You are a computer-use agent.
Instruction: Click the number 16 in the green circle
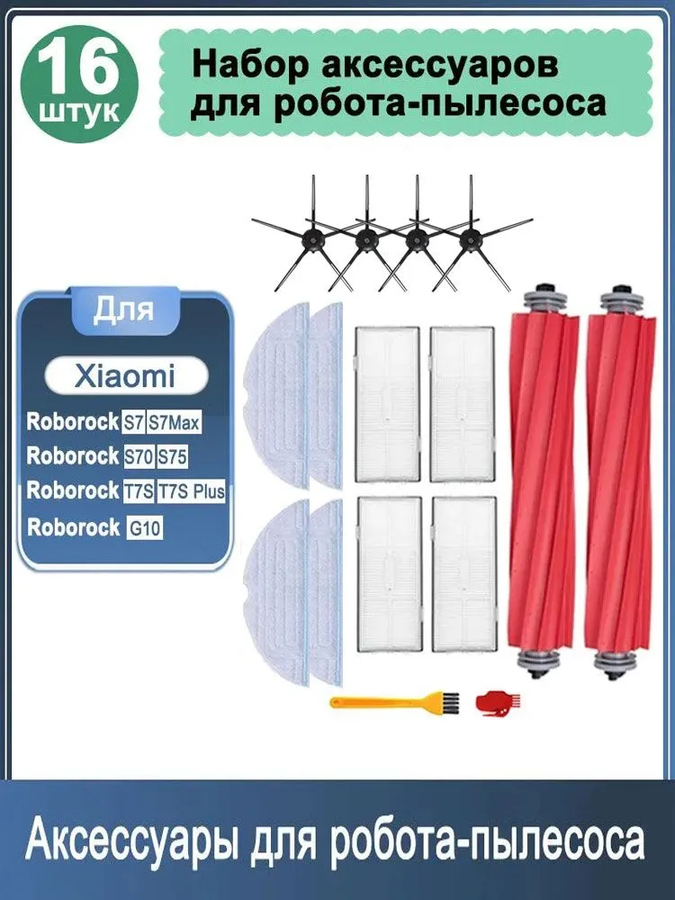pyautogui.click(x=79, y=67)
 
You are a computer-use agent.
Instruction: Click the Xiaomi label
pyautogui.click(x=125, y=376)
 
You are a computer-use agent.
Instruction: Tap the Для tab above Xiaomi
pyautogui.click(x=124, y=310)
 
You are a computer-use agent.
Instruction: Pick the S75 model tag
pyautogui.click(x=173, y=457)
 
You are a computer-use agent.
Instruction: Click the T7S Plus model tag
pyautogui.click(x=191, y=491)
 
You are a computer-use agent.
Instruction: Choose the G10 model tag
pyautogui.click(x=145, y=526)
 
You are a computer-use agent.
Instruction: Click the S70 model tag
pyautogui.click(x=139, y=457)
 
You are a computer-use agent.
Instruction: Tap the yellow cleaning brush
pyautogui.click(x=395, y=701)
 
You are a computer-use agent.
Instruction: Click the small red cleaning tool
pyautogui.click(x=498, y=703)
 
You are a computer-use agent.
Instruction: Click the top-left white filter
pyautogui.click(x=387, y=405)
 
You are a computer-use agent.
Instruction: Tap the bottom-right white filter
pyautogui.click(x=463, y=574)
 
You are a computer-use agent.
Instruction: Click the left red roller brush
pyautogui.click(x=543, y=482)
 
